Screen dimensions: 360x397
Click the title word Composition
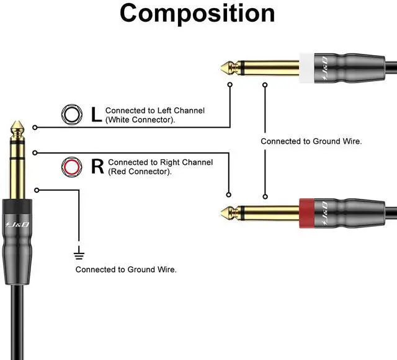(x=197, y=14)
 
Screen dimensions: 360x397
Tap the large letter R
(x=97, y=166)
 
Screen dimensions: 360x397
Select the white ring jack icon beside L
(x=72, y=114)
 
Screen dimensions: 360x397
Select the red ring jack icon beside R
(x=72, y=166)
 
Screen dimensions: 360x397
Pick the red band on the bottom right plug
(x=307, y=213)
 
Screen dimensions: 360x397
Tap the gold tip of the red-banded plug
(x=226, y=213)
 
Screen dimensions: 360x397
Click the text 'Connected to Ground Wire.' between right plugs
(x=311, y=141)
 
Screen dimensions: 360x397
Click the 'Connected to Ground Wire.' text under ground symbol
(x=126, y=270)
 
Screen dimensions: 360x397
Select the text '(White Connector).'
(x=140, y=119)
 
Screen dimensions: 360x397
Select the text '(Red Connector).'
(x=140, y=171)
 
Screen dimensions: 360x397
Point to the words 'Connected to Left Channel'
(x=154, y=110)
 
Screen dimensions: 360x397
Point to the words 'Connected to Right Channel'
(x=160, y=162)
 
